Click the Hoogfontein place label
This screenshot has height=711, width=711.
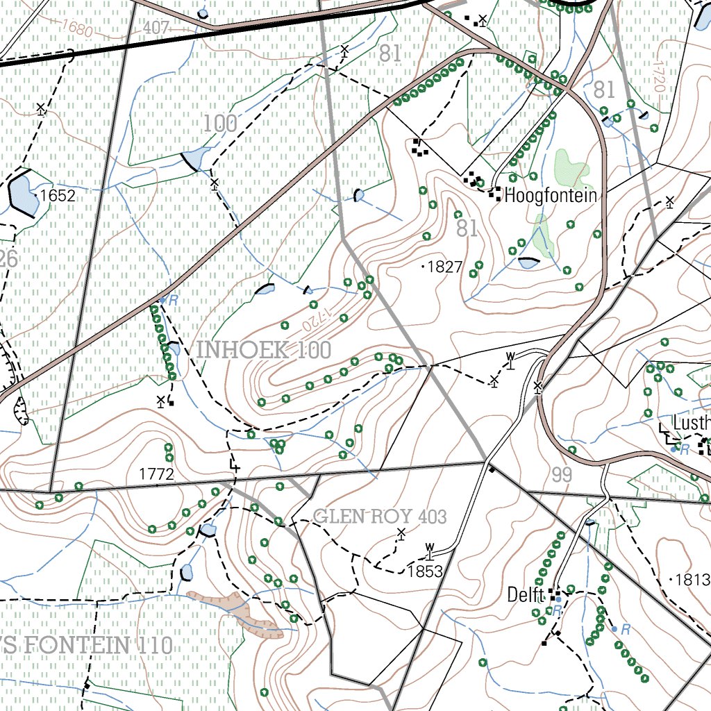[550, 196]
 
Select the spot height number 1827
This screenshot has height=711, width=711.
[444, 267]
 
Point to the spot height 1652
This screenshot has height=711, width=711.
[57, 196]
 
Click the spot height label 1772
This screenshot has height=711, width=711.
[156, 475]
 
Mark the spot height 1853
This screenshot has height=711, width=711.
[425, 571]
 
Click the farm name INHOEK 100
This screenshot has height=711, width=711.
[264, 350]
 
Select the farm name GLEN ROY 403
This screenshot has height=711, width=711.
[380, 517]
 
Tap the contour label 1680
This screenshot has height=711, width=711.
[76, 28]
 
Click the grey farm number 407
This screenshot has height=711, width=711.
[157, 28]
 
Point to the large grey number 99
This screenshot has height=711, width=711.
[562, 476]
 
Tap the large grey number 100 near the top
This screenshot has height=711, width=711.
[220, 124]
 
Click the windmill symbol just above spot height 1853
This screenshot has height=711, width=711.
[430, 551]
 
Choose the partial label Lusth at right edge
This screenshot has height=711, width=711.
[692, 424]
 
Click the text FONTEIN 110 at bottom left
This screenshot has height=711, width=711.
[87, 645]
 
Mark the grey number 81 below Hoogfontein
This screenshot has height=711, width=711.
[467, 228]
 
